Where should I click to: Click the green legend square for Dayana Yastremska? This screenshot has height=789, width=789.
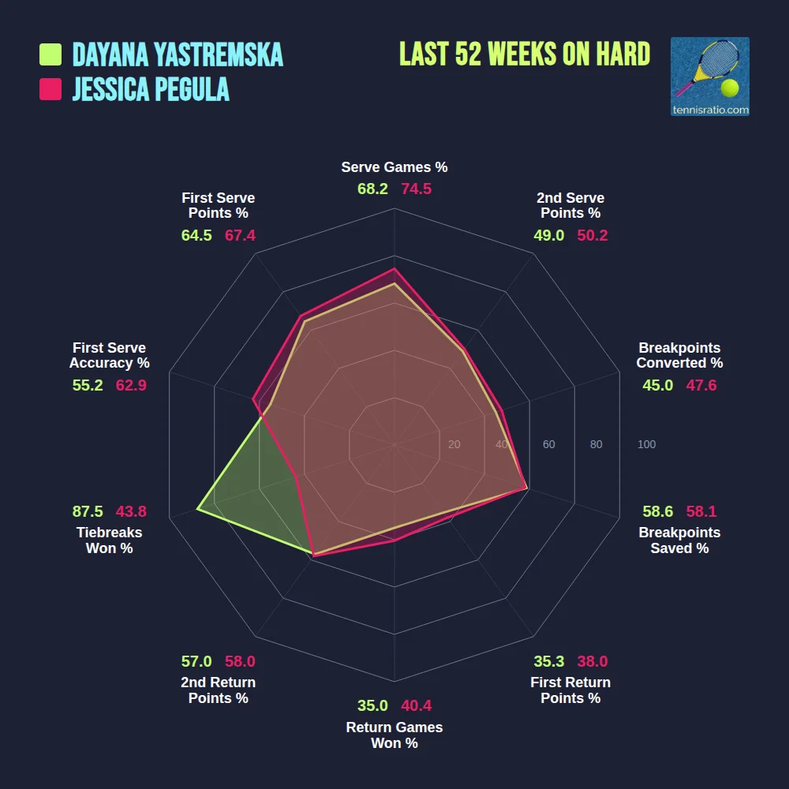[50, 54]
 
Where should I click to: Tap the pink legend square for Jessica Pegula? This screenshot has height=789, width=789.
[50, 89]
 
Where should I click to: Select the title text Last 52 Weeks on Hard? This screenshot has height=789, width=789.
[525, 54]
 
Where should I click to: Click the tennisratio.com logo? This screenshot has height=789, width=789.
[709, 77]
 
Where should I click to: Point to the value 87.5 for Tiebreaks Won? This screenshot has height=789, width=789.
[88, 511]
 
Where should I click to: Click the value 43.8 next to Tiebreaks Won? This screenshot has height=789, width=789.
[131, 511]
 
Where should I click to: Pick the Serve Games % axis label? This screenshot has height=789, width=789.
[394, 167]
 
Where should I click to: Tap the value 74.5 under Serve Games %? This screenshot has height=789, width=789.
[416, 189]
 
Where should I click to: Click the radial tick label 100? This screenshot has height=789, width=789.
[646, 445]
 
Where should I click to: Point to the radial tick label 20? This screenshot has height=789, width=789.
[454, 445]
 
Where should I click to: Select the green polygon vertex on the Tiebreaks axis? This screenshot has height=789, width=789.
[197, 510]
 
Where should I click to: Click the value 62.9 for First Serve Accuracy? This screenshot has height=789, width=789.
[131, 385]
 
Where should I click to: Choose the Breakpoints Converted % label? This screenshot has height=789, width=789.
[679, 355]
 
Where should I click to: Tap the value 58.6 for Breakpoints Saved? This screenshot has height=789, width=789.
[657, 511]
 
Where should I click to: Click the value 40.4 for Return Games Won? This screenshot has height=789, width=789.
[416, 705]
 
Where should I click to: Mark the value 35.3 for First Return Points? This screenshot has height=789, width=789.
[549, 661]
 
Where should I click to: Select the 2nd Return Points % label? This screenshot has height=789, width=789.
[218, 690]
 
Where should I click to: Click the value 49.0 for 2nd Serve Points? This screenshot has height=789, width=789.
[549, 235]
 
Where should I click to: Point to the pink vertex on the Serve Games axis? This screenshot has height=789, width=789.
[394, 268]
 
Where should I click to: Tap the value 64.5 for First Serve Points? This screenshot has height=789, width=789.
[196, 235]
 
